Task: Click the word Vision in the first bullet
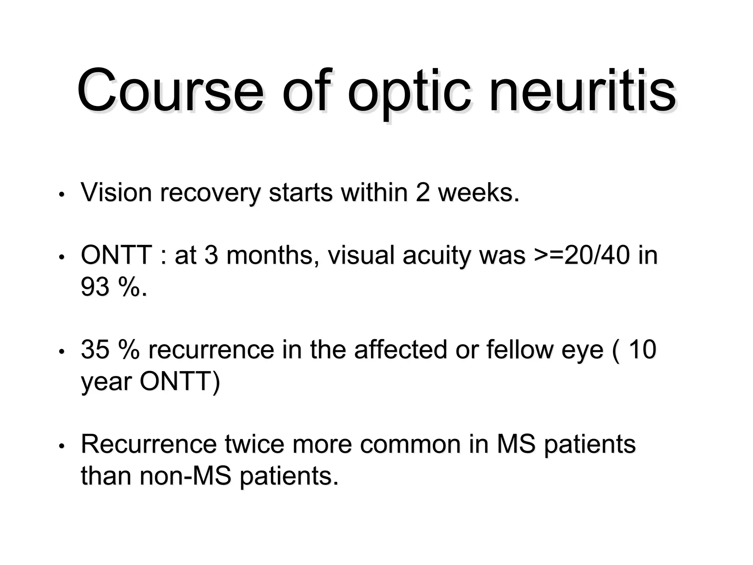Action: click(116, 192)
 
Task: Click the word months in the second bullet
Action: click(270, 255)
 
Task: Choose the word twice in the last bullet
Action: click(254, 444)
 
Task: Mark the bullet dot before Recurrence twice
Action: click(62, 446)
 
